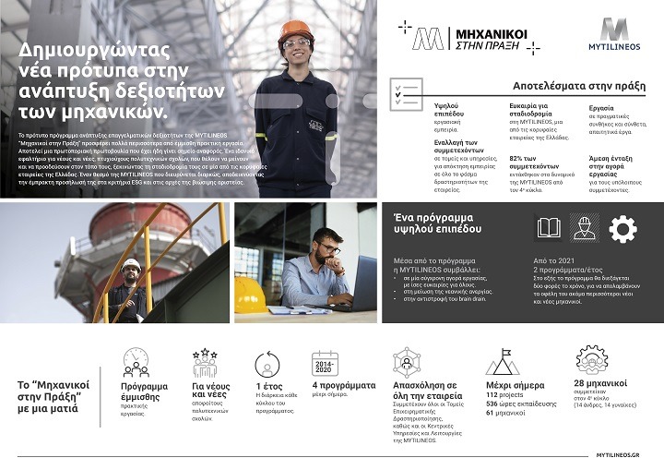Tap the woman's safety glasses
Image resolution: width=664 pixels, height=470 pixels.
[297, 43]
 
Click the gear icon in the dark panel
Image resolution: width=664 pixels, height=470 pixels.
[622, 228]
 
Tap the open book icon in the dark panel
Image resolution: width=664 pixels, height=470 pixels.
[549, 227]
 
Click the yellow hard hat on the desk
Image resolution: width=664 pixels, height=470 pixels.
[250, 295]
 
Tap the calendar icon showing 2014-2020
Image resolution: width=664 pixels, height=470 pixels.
[325, 364]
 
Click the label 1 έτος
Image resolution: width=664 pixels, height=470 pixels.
[268, 385]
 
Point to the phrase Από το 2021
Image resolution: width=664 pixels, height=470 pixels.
[553, 261]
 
